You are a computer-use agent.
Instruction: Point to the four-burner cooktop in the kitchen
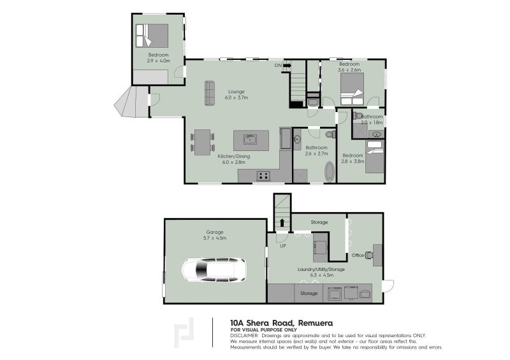point(263,175)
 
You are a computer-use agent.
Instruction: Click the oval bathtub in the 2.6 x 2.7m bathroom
point(329,172)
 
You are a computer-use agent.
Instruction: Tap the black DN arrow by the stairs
point(287,66)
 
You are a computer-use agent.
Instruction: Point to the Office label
point(358,256)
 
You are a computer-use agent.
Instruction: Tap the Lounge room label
point(237,92)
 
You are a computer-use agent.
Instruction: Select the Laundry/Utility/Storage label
point(321,270)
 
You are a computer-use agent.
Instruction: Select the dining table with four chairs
point(201,141)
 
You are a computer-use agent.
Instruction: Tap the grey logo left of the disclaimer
point(186,333)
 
